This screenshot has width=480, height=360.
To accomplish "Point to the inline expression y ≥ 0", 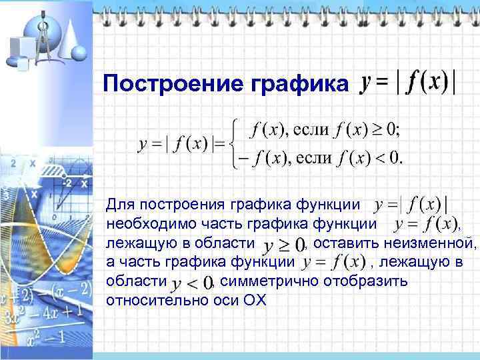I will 284,245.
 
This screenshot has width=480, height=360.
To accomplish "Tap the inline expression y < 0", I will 191,283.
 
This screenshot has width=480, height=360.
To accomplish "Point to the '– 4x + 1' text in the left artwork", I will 64,311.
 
